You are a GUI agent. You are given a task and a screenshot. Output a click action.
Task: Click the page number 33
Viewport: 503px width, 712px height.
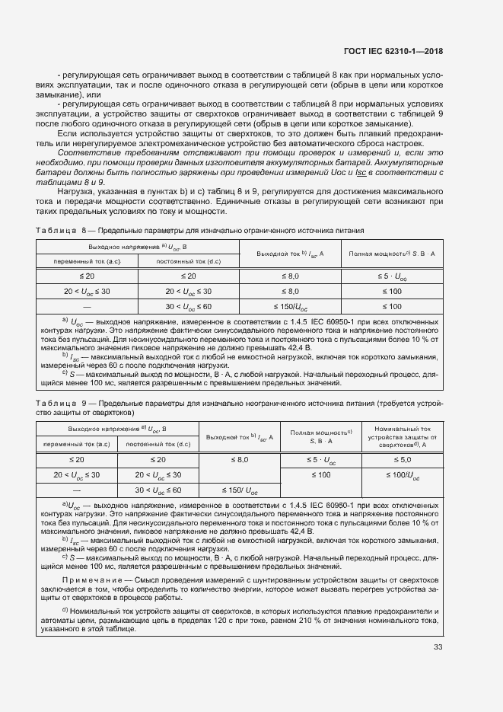(438, 647)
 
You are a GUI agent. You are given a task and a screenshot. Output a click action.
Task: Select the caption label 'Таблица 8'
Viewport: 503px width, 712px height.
(58, 230)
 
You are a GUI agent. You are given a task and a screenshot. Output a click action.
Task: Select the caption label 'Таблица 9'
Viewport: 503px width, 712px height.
(58, 403)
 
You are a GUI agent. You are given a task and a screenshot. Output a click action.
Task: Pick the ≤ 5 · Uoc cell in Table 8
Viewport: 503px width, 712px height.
(391, 275)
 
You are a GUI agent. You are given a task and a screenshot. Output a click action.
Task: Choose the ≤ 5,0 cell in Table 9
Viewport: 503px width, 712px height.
(400, 460)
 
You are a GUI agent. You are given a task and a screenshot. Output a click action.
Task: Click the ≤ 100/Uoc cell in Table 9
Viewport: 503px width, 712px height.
(400, 475)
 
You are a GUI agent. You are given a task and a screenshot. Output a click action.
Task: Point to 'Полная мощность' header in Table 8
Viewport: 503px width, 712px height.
(391, 253)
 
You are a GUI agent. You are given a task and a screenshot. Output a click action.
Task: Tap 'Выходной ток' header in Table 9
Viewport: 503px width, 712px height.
(238, 437)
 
